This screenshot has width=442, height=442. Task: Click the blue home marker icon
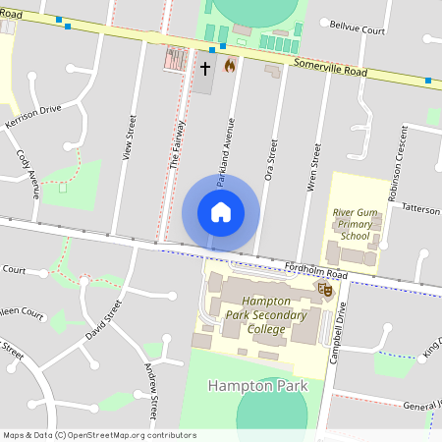pyautogui.click(x=221, y=212)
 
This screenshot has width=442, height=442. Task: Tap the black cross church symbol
pyautogui.click(x=205, y=68)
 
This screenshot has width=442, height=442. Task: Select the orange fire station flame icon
pyautogui.click(x=230, y=66)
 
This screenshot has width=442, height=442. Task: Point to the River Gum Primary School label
pyautogui.click(x=356, y=223)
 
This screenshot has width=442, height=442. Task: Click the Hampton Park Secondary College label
pyautogui.click(x=259, y=315)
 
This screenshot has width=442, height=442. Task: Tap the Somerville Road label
pyautogui.click(x=330, y=70)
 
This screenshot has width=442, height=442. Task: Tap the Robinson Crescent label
pyautogui.click(x=399, y=162)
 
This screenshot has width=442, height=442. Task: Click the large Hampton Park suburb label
pyautogui.click(x=258, y=386)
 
